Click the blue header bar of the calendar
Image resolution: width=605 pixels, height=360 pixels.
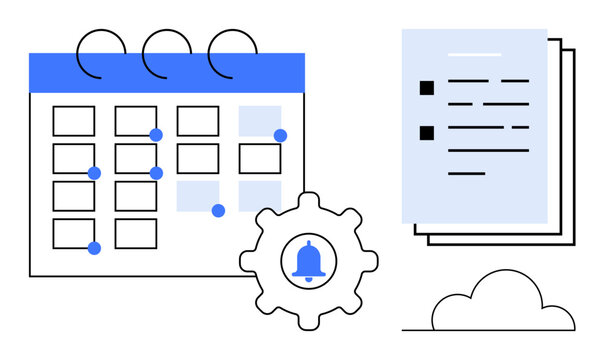point(167,73)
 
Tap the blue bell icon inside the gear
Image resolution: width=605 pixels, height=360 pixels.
point(309,261)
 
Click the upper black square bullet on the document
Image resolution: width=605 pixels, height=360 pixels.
point(427,88)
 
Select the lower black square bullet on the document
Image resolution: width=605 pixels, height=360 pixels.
point(427,132)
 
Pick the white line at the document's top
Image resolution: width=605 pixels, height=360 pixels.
point(474,53)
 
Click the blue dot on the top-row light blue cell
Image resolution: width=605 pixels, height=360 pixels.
point(280,135)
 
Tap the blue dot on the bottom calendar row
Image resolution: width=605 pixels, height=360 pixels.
point(94,248)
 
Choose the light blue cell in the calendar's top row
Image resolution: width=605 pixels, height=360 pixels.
point(259,120)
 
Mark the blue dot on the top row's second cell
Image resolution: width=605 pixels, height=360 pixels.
point(156,135)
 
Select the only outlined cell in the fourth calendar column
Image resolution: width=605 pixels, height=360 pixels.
point(259,158)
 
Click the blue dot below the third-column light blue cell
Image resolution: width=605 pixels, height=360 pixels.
point(218,210)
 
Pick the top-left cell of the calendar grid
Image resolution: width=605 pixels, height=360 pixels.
point(73,121)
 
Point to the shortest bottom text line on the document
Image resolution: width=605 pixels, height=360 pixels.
point(466,173)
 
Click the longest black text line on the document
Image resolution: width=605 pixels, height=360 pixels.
point(487,150)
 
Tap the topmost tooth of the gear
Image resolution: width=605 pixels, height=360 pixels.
point(308,201)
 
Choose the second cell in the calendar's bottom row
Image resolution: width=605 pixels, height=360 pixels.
point(135,233)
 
